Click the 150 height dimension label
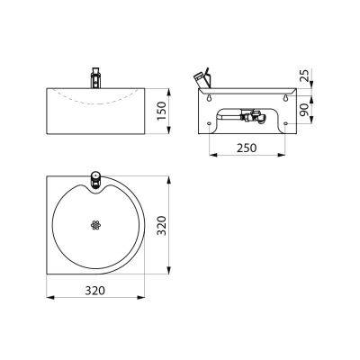(x=161, y=111)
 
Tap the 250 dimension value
(x=247, y=148)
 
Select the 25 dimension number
(x=304, y=76)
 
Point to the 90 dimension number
(x=304, y=110)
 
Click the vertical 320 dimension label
(x=161, y=225)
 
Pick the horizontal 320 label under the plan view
(x=95, y=291)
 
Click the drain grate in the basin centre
(x=95, y=225)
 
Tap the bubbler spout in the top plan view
(x=95, y=179)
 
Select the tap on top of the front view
(x=95, y=78)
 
